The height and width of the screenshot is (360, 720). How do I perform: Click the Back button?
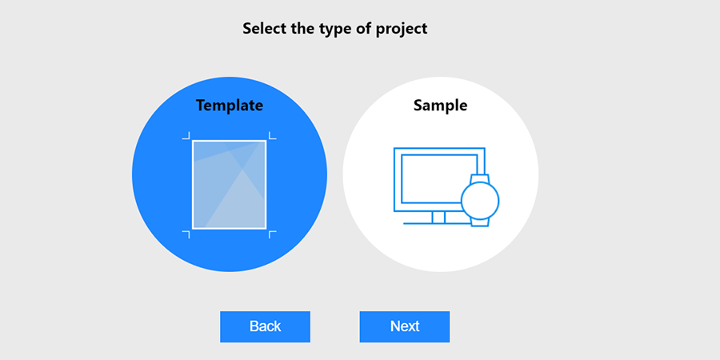[x=265, y=326]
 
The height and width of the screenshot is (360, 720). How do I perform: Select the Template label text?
[x=230, y=105]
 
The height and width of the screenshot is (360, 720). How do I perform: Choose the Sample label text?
[x=440, y=105]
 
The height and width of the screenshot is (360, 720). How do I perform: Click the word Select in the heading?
[x=265, y=29]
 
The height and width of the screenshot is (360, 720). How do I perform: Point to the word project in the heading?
[x=402, y=29]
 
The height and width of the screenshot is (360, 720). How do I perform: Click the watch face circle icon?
[x=480, y=200]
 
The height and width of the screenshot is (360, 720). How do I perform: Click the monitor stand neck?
[x=438, y=218]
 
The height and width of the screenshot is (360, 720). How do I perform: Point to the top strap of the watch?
[x=480, y=178]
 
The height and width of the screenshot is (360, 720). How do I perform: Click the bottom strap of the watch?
[x=480, y=222]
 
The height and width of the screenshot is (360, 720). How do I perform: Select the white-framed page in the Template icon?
[x=229, y=184]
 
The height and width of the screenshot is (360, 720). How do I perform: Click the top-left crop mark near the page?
[x=186, y=135]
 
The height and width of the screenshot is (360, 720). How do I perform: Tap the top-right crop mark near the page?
[x=272, y=135]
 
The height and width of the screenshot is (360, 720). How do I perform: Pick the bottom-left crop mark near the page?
[x=186, y=234]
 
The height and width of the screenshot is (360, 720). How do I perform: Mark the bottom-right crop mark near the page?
[x=272, y=234]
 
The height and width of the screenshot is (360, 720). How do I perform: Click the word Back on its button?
[x=265, y=326]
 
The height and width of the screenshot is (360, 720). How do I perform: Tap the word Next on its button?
[x=405, y=326]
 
